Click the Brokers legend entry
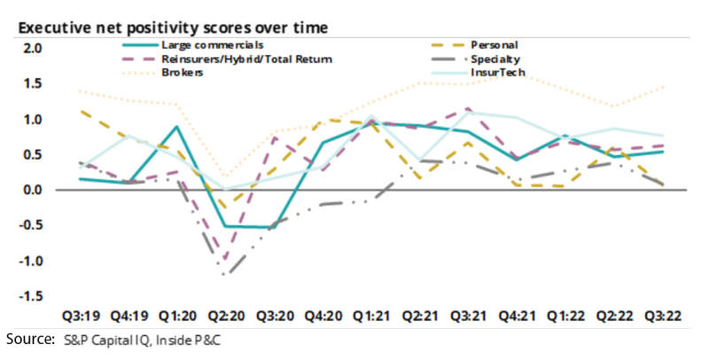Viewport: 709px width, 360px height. point(182,72)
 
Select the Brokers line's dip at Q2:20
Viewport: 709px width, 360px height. point(228,176)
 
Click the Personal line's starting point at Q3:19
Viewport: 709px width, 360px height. point(81,111)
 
